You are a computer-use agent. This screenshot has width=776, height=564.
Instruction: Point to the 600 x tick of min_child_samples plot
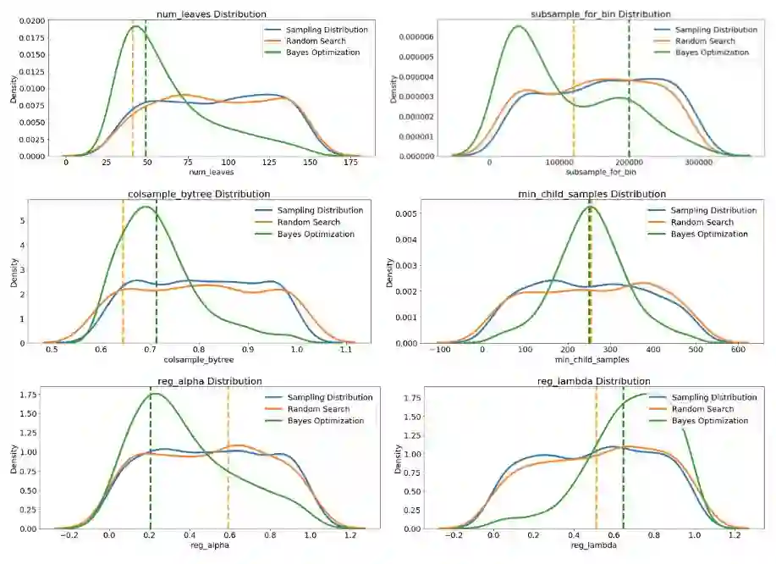pos(739,350)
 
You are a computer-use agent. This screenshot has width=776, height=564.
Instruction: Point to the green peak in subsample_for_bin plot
pos(518,25)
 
